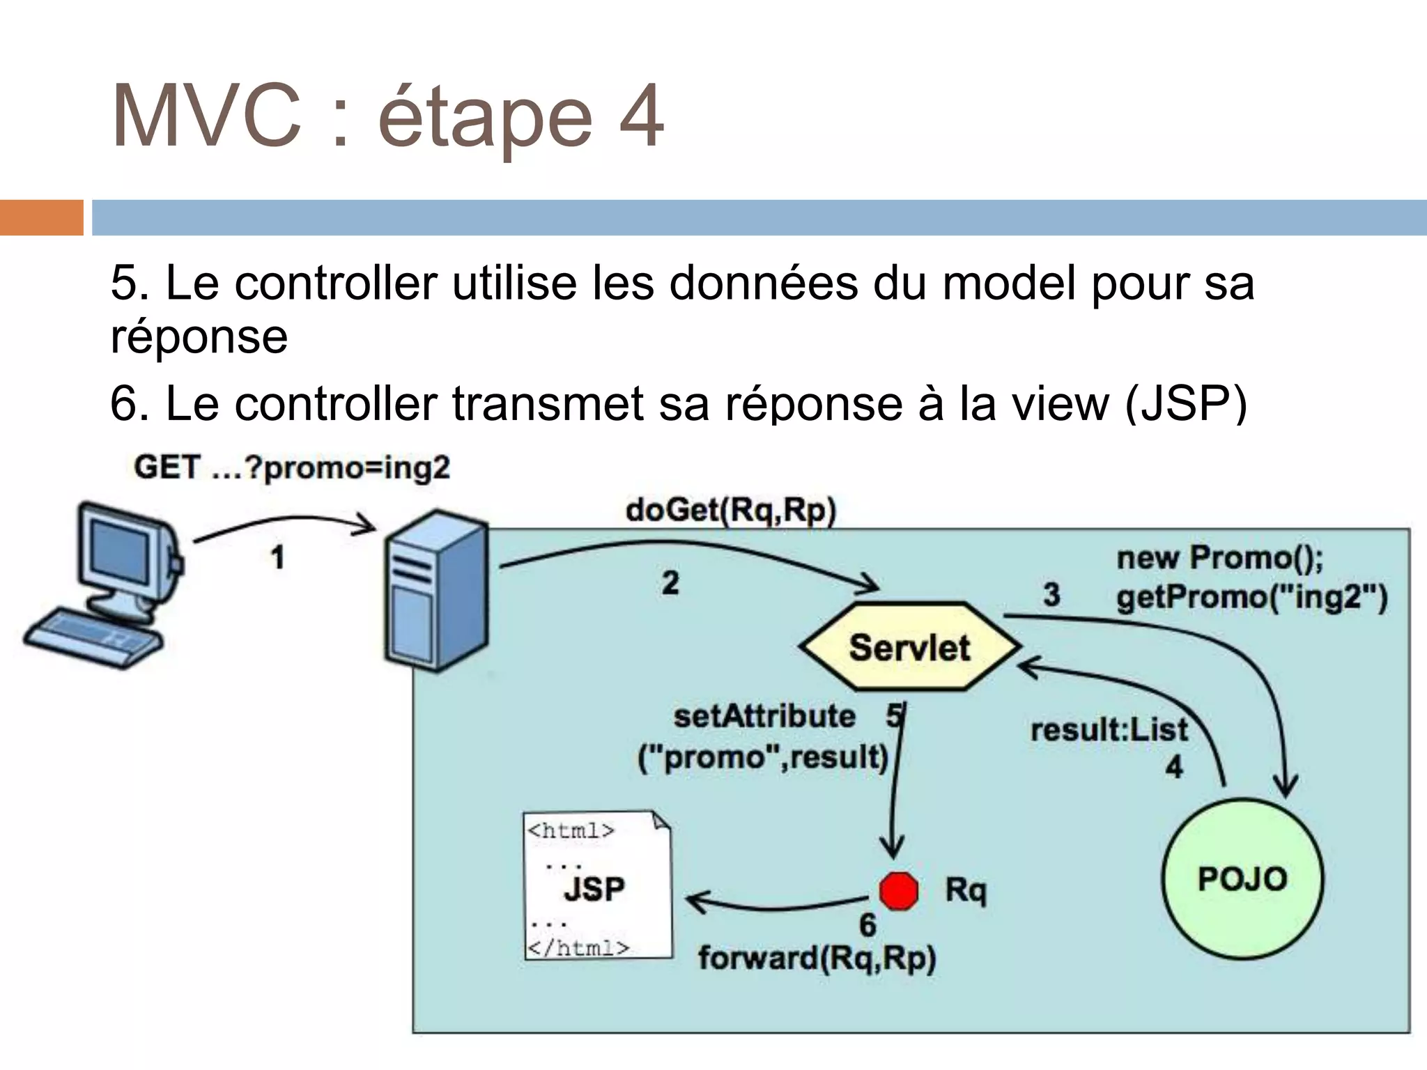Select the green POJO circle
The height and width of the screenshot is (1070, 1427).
tap(1242, 879)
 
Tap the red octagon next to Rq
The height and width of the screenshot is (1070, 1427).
tap(898, 891)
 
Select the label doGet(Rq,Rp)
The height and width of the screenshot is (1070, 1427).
tap(730, 511)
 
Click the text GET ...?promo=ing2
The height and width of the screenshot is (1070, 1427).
tap(292, 467)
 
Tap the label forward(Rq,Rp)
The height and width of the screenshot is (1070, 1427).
tap(817, 959)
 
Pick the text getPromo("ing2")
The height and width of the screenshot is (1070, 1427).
tap(1251, 598)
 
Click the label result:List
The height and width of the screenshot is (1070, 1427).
tap(1109, 730)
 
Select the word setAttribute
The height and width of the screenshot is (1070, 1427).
tap(764, 717)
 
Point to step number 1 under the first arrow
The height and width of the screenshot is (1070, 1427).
tap(278, 558)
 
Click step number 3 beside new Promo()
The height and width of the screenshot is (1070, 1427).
tap(1051, 595)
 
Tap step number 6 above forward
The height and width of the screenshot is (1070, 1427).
tap(867, 925)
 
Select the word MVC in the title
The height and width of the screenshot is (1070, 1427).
tap(206, 117)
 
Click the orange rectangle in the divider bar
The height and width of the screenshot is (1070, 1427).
tap(41, 217)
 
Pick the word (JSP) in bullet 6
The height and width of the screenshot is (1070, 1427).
tap(1186, 404)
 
